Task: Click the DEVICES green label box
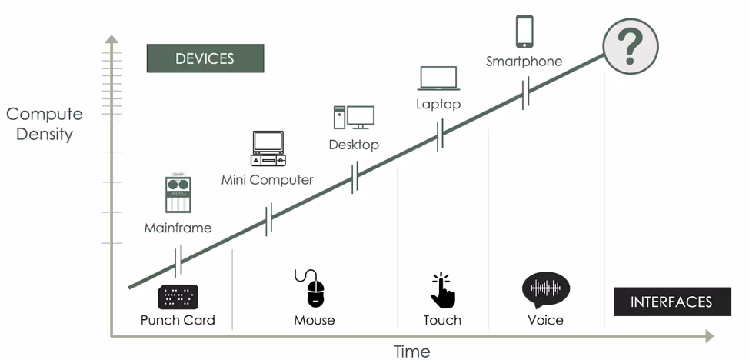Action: point(205,58)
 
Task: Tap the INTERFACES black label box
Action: point(671,302)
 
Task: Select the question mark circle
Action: point(630,45)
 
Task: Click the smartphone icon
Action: point(524,32)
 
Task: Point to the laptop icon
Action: point(438,78)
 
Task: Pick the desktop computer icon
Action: point(354,118)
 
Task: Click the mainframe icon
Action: point(178,195)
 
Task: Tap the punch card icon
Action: point(178,296)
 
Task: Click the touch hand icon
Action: point(441,290)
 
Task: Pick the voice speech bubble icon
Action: point(545,290)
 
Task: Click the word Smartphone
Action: point(524,62)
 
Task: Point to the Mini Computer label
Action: point(268,180)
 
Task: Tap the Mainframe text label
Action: point(178,228)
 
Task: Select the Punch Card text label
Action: point(178,320)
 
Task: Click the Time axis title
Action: point(412,352)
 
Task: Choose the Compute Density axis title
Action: point(45,124)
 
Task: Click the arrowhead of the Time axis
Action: point(708,335)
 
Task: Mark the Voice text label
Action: point(545,320)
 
